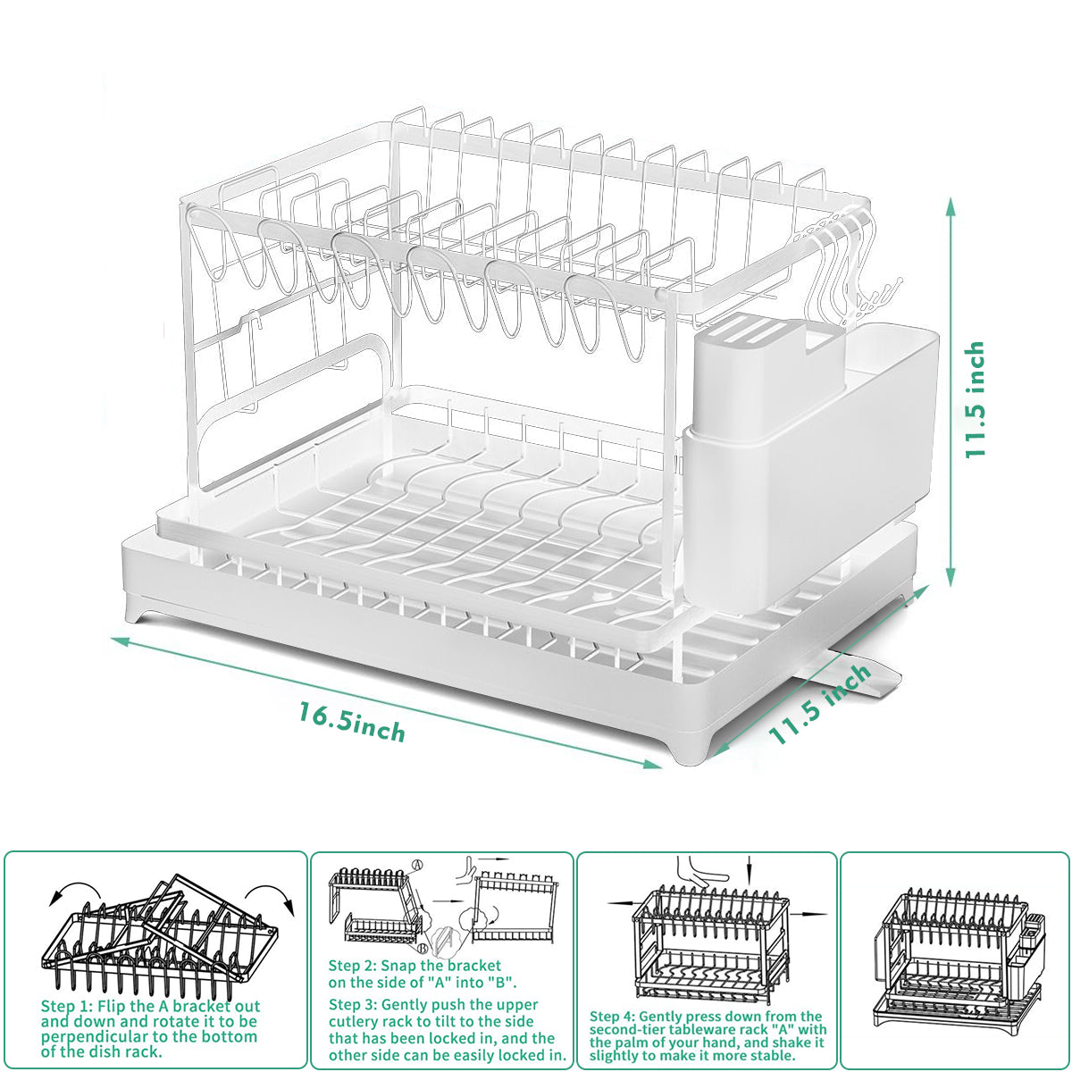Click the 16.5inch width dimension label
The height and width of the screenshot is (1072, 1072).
[352, 723]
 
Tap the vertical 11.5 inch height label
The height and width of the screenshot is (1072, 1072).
[975, 399]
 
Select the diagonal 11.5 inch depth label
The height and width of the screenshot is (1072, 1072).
[819, 703]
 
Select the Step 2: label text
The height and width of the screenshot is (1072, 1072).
[351, 965]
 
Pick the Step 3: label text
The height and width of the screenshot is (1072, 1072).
[352, 1004]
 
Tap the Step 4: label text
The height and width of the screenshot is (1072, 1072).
[611, 1017]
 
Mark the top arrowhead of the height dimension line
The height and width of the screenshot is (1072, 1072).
[951, 205]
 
